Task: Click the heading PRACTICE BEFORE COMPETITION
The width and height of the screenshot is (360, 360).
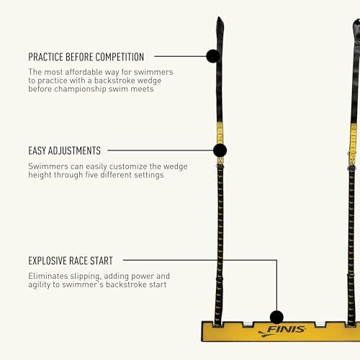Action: point(86,57)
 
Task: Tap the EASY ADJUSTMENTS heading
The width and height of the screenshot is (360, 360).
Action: point(64,150)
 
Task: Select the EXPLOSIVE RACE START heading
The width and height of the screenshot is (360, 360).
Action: point(71,261)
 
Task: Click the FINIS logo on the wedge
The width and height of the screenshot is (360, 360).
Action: point(282,330)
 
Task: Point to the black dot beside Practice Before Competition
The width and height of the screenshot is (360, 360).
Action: point(213,56)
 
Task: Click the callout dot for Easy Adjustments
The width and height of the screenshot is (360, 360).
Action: point(220,150)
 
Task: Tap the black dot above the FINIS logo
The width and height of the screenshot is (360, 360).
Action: point(276,317)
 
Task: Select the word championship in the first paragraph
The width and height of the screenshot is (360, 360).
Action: point(81,89)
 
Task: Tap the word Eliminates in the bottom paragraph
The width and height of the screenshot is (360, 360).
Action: point(48,276)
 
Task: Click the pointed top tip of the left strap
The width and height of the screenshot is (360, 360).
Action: point(219,17)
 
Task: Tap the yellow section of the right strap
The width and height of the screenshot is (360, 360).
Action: point(353,145)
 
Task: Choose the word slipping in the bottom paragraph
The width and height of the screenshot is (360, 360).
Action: point(85,276)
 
